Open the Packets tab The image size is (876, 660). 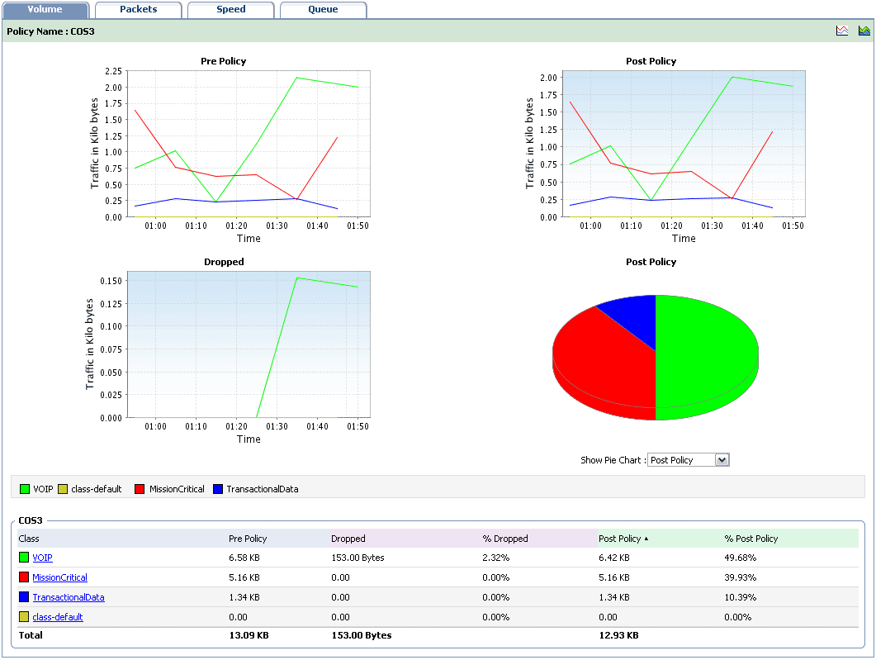click(138, 10)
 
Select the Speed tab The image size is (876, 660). click(230, 10)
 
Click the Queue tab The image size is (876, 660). click(323, 10)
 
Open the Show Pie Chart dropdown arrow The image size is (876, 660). click(722, 460)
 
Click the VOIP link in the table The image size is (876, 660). click(42, 558)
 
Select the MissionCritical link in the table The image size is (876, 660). click(59, 577)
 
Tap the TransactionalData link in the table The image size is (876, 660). click(68, 597)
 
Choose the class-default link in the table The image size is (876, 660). click(57, 617)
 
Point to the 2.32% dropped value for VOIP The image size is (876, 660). click(496, 558)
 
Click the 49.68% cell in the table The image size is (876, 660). click(741, 558)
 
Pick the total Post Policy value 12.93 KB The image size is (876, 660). click(618, 635)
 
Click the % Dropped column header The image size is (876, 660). click(505, 539)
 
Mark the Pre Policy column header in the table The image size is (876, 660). click(248, 539)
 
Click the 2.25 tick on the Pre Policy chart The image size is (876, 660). click(112, 72)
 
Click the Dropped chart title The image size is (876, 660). click(224, 262)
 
